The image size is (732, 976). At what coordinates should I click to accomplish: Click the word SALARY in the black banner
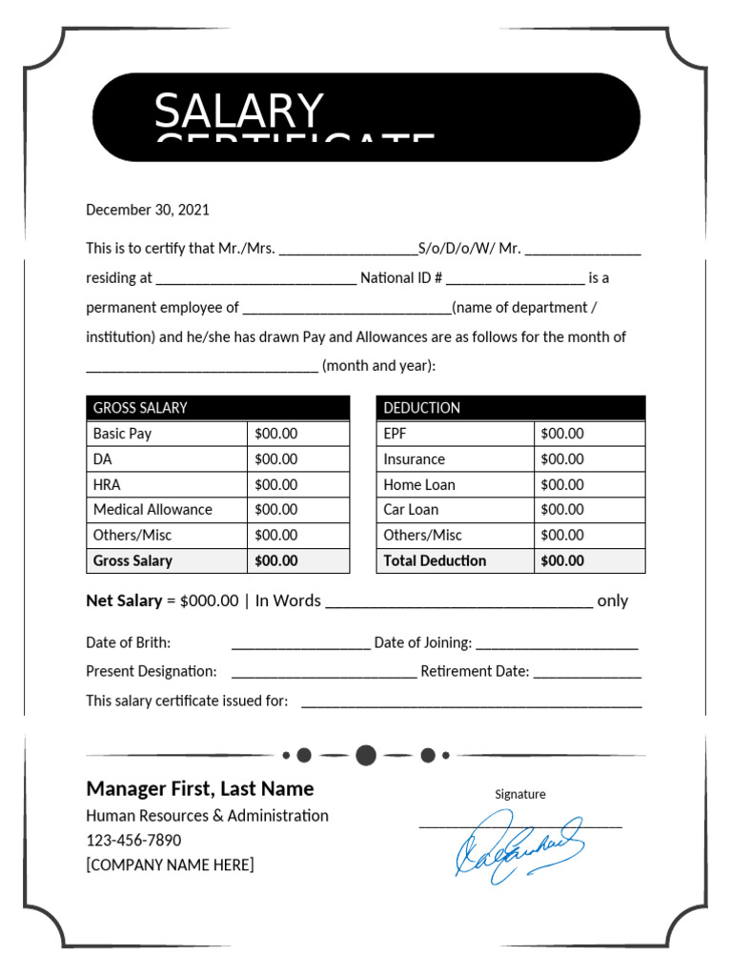point(239,112)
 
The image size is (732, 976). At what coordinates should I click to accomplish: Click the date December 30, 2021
point(148,210)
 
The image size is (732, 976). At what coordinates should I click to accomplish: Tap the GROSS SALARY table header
point(140,408)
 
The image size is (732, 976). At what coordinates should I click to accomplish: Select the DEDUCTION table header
point(421,408)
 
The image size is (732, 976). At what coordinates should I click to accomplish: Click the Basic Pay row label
point(122,434)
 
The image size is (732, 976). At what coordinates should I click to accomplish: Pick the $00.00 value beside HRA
point(276,484)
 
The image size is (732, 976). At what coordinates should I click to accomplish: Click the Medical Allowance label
point(152,510)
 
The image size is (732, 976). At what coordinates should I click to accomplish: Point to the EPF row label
point(395,434)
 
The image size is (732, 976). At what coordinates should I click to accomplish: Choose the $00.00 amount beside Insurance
point(562,459)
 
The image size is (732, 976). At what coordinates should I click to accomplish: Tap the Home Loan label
point(419,484)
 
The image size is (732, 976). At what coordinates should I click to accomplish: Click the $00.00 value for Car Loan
point(562,510)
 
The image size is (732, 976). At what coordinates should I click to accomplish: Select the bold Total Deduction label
point(435,560)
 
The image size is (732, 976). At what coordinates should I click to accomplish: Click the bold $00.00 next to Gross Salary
point(276,560)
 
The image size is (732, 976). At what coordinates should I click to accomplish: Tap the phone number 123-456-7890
point(133,841)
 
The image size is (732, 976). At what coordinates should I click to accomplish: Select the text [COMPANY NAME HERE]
point(170,865)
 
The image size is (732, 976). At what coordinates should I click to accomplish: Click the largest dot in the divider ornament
point(365,756)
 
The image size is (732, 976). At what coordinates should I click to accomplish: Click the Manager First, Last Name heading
point(200,788)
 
